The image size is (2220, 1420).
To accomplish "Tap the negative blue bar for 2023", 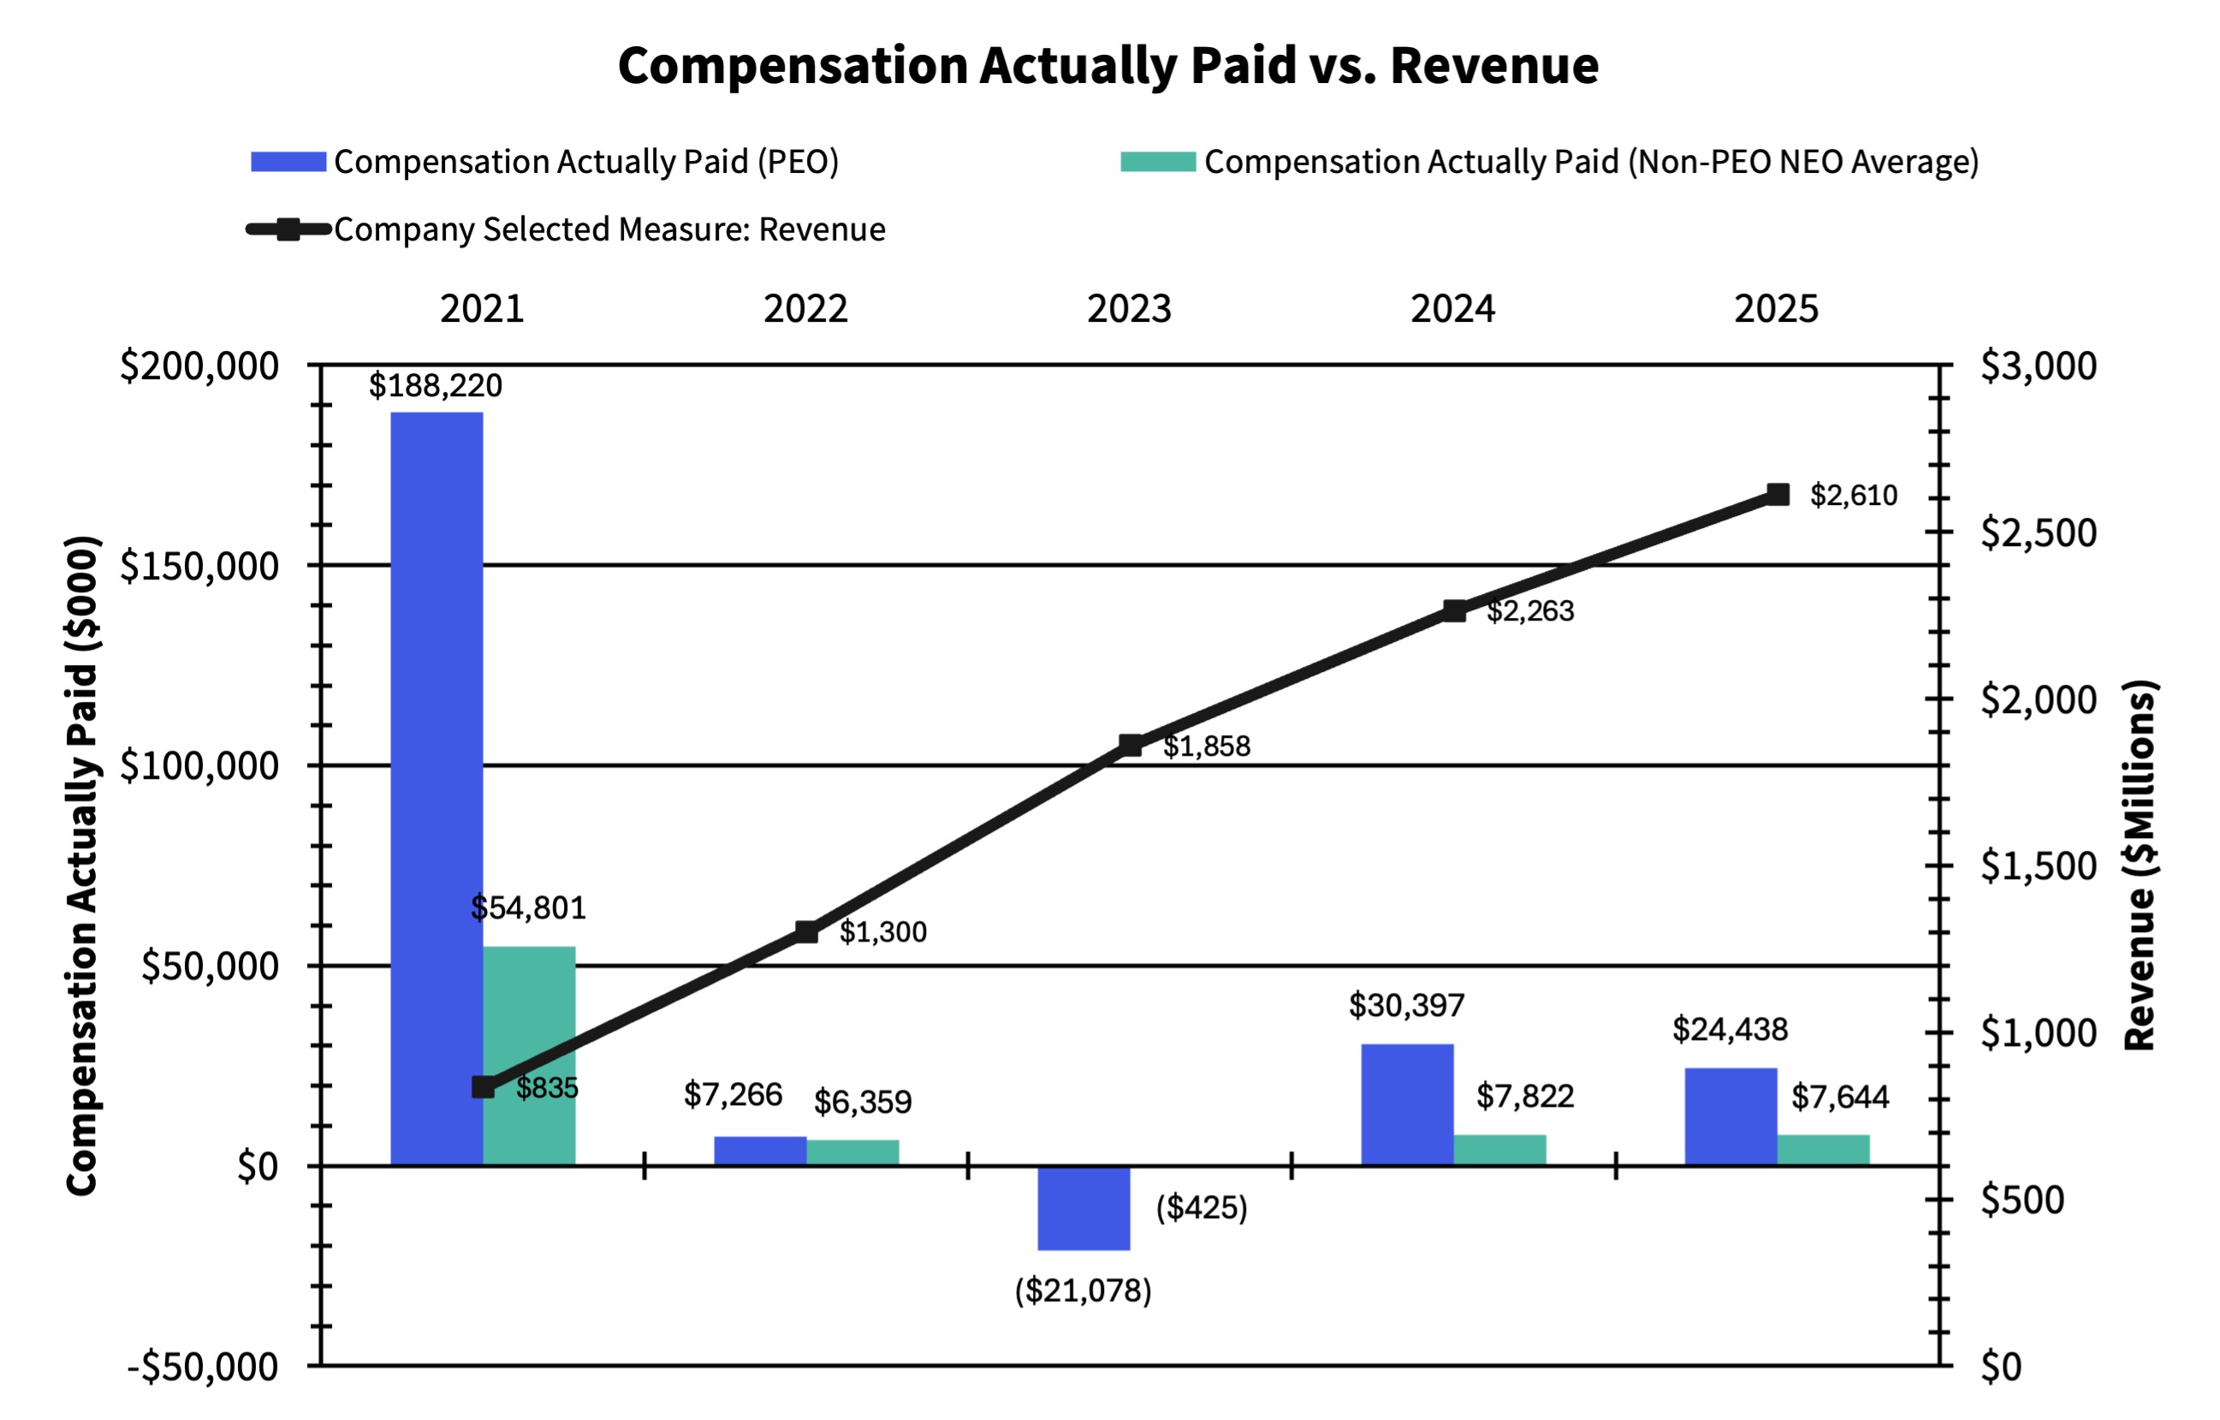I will (x=1083, y=1208).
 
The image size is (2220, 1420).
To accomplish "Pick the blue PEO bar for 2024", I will (x=1407, y=1105).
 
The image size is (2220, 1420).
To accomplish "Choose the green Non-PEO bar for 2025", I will (x=1823, y=1150).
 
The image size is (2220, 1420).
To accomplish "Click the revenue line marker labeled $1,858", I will (x=1131, y=745).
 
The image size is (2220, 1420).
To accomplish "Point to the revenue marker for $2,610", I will (x=1778, y=495).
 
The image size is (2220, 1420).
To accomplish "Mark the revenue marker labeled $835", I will (x=483, y=1087).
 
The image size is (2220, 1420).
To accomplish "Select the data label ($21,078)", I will (x=1083, y=1290).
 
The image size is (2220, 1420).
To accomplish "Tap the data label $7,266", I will (x=733, y=1095).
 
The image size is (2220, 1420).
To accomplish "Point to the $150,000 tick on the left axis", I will (x=199, y=566).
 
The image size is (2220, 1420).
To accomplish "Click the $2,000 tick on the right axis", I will (x=2038, y=700).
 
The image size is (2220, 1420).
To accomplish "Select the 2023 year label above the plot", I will (x=1129, y=309).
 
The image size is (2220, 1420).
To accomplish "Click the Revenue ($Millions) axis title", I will (x=2140, y=864).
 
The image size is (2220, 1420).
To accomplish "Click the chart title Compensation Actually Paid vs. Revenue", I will (x=1108, y=65).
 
